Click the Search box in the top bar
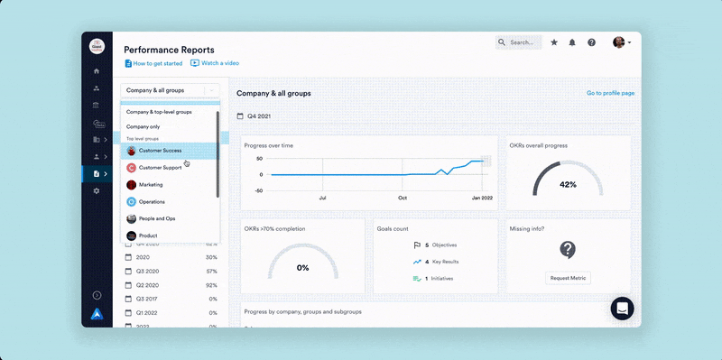point(520,42)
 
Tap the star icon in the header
point(554,42)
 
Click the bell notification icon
point(572,42)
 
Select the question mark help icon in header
point(591,42)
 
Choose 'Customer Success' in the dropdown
point(160,151)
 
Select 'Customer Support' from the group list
point(160,168)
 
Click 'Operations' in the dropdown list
point(152,202)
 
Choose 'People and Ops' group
point(156,218)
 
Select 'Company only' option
point(143,127)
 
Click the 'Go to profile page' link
point(610,93)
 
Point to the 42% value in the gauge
point(568,184)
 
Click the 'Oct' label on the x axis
point(403,197)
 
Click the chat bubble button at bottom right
point(622,308)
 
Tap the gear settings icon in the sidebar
point(97,191)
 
